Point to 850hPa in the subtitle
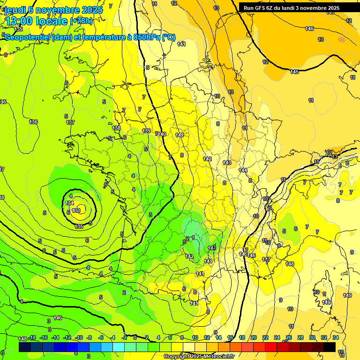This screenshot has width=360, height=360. click(x=143, y=37)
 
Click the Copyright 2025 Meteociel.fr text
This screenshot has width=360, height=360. click(x=199, y=357)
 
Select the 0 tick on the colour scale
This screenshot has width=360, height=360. click(x=135, y=338)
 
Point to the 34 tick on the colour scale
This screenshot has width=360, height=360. click(x=336, y=338)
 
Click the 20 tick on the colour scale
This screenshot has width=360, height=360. click(x=254, y=338)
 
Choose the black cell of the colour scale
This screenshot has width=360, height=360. click(x=329, y=347)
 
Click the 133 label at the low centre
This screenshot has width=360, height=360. click(x=76, y=210)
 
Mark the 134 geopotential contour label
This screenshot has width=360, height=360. click(x=70, y=203)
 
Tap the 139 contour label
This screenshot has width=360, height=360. click(x=146, y=131)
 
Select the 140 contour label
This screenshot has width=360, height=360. click(x=162, y=134)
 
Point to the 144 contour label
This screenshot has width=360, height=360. click(x=243, y=170)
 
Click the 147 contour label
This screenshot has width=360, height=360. click(x=266, y=259)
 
